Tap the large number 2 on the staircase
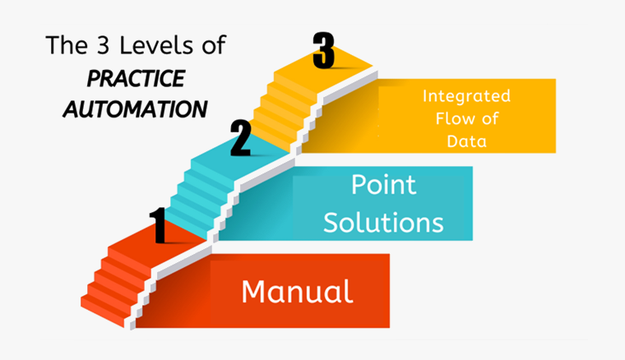click(240, 138)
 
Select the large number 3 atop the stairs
click(324, 50)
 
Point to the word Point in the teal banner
click(383, 185)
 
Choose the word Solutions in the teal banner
click(383, 221)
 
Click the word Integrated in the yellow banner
click(466, 96)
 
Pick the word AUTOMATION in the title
click(136, 108)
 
